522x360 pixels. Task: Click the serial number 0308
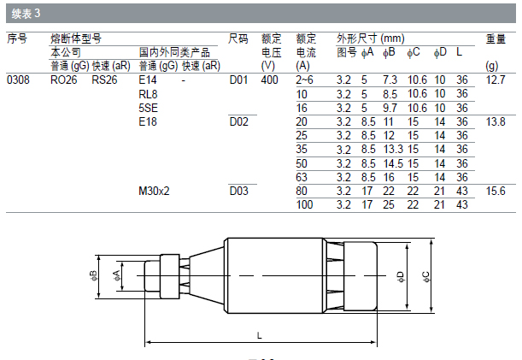coord(18,80)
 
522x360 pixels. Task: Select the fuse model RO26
coord(63,80)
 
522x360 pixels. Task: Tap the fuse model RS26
coord(104,80)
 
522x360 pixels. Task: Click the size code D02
coord(238,121)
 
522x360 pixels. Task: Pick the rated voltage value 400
coord(269,80)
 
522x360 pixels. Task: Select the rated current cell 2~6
coord(304,80)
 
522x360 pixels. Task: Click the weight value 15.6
coord(496,191)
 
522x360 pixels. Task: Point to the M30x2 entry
coord(154,191)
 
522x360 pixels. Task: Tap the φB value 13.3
coord(393,150)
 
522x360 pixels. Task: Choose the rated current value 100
coord(304,204)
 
